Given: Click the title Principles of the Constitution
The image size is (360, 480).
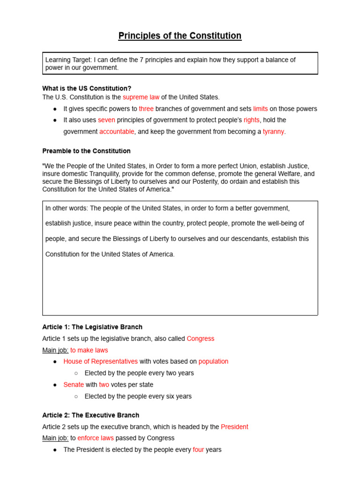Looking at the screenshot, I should (x=180, y=36).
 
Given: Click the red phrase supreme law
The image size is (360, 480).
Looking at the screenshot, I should (x=141, y=97).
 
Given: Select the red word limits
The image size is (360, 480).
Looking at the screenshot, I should (x=261, y=109).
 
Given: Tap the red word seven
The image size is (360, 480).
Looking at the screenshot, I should (x=106, y=120).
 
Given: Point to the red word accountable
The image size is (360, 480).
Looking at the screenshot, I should (x=117, y=132).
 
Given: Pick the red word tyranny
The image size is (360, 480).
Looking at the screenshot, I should (x=273, y=132).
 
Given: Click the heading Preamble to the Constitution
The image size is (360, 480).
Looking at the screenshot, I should (x=86, y=151).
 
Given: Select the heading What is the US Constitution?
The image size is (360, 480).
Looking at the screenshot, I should (x=87, y=88).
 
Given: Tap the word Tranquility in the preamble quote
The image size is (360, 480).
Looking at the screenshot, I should (x=90, y=174).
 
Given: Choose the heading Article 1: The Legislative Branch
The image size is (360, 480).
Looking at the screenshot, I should (x=92, y=327).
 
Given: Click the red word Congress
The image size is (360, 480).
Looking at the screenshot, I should (x=200, y=338).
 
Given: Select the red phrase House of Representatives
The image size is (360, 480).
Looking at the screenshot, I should (x=100, y=361).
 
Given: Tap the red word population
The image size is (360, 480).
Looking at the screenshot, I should (x=213, y=361).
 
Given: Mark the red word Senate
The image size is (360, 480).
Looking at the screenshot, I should (x=74, y=384).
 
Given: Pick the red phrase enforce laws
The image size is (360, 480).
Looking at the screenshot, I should (x=96, y=438).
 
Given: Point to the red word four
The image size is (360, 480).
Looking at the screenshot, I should (x=198, y=450).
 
